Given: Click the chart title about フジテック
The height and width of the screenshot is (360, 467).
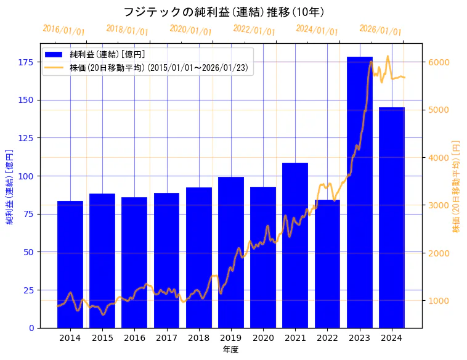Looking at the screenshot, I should coord(224,12).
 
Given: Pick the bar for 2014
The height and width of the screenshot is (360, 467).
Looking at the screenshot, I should coord(70,264).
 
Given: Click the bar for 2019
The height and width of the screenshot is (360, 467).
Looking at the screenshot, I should coord(231,252).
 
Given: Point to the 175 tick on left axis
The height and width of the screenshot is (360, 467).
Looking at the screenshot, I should coord(25,62).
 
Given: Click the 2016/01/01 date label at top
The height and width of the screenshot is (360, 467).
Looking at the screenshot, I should coord(64,30).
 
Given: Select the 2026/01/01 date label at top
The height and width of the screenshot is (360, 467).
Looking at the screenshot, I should coord(380,30).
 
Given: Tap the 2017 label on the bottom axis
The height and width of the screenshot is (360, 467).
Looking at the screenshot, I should coord(166,338).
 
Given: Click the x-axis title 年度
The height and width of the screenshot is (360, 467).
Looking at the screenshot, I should coord(231,350).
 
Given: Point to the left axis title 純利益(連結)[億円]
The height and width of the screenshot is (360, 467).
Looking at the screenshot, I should coord(10,186).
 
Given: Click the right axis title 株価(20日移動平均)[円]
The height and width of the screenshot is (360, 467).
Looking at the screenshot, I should coord(457,186).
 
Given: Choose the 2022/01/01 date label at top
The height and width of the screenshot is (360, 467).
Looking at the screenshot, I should coord(254,30).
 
